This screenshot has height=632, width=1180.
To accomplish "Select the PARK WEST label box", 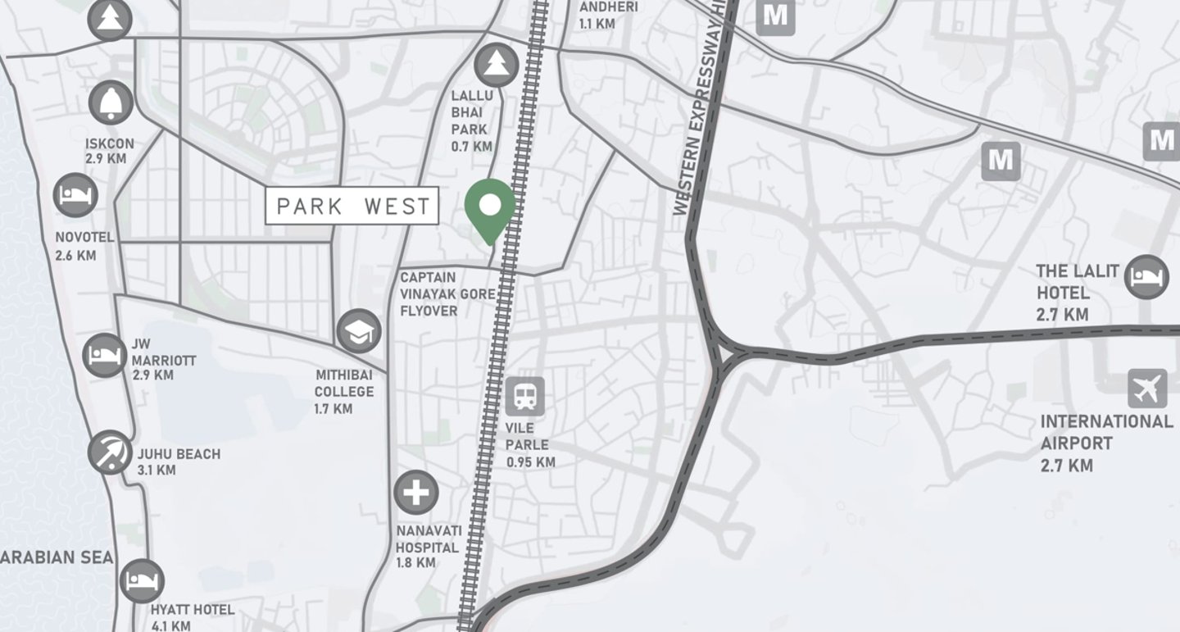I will (x=352, y=207).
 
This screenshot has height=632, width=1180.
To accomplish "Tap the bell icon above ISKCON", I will (x=111, y=102).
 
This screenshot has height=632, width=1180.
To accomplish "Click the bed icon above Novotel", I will (x=75, y=196).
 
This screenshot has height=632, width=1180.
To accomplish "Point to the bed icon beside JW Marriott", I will (x=105, y=356).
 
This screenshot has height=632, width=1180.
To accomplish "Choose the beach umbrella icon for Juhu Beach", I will (x=110, y=452).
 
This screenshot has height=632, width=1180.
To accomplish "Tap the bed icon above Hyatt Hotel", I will (x=143, y=581).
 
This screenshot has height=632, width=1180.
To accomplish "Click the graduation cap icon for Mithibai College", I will (x=359, y=331).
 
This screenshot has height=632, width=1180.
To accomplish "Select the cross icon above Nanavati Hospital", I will (x=416, y=493).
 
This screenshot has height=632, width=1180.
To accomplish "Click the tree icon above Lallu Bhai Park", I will (x=495, y=65).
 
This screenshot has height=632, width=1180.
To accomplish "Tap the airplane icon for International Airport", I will (x=1147, y=389).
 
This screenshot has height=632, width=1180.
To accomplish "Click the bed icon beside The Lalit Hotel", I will (x=1146, y=277).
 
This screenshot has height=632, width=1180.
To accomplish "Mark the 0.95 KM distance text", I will (x=530, y=462).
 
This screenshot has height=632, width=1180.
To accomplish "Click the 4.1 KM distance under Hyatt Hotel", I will (x=170, y=625).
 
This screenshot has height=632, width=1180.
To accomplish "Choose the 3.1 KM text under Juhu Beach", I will (x=157, y=471).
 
